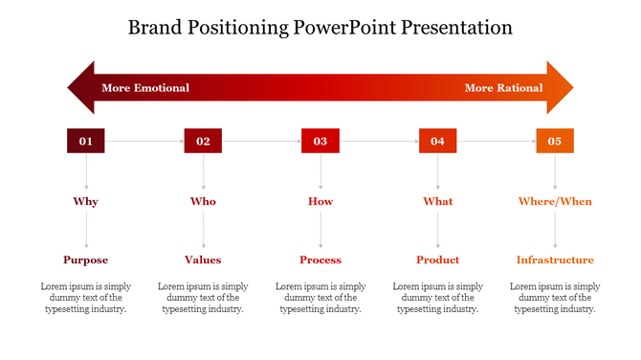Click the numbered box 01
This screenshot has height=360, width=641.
click(x=86, y=141)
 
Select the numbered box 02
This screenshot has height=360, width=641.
click(x=203, y=141)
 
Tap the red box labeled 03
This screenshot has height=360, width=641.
click(x=320, y=141)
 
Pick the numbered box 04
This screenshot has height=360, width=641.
click(x=437, y=141)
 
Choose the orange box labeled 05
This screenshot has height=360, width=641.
click(x=555, y=141)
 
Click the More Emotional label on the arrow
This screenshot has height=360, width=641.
click(x=145, y=88)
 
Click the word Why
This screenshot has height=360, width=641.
click(x=86, y=202)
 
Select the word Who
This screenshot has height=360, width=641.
click(x=203, y=202)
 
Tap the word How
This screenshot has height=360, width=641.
click(x=320, y=202)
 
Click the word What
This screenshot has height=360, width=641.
click(x=438, y=202)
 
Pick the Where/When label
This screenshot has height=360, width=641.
click(x=555, y=202)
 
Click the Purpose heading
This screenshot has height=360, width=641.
click(x=86, y=259)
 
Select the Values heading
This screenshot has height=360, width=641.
click(x=203, y=259)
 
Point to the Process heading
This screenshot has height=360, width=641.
click(x=320, y=259)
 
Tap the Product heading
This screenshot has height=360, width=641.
click(x=438, y=259)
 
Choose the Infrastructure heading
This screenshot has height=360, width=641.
click(x=555, y=259)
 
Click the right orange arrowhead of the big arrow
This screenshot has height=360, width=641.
click(x=560, y=88)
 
